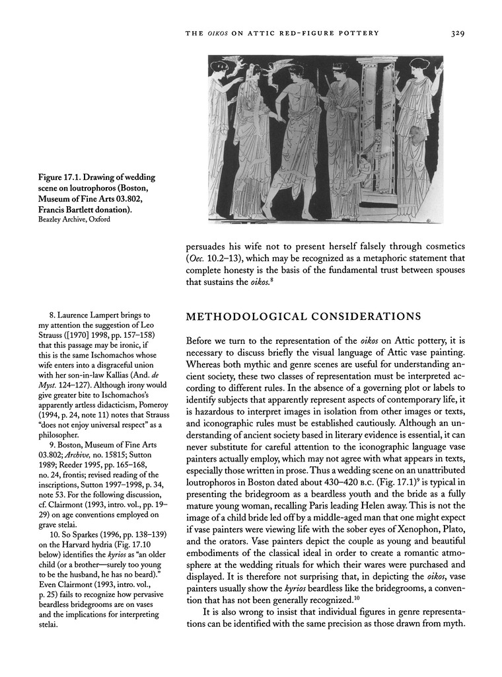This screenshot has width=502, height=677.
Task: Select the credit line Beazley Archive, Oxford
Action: click(x=73, y=219)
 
